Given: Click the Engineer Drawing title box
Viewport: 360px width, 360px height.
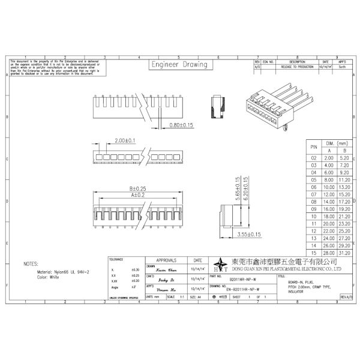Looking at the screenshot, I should pos(179,65).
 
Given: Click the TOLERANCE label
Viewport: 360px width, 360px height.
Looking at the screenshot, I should pos(116,259).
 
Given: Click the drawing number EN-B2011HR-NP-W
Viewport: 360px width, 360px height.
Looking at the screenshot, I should pos(243,289).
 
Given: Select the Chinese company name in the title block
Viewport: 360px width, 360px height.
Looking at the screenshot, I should pos(286,263).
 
